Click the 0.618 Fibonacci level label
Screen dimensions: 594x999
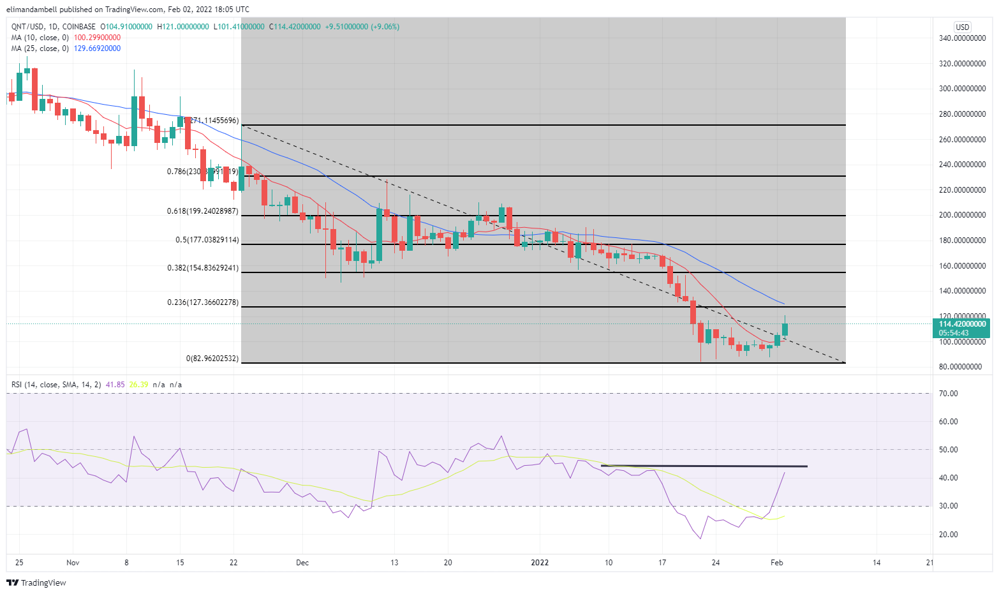point(203,211)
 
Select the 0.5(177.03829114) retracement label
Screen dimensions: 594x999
point(207,240)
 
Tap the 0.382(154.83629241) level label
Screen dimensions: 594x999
point(203,268)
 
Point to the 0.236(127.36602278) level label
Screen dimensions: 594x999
point(203,302)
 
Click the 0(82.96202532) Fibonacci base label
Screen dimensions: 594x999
point(212,359)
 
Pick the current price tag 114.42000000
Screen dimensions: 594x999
point(962,324)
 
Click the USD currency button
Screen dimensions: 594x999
point(962,27)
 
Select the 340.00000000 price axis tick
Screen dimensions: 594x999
point(962,38)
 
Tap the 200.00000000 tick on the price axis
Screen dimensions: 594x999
point(962,215)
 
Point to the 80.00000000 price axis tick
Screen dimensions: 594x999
point(962,367)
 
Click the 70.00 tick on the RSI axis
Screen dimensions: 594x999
point(949,394)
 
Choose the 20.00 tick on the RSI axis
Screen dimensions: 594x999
point(949,535)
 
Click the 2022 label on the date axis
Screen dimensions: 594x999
point(540,563)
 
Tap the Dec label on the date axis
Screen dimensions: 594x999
point(302,563)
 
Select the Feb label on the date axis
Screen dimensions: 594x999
point(776,563)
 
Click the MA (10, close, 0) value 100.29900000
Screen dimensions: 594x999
point(97,38)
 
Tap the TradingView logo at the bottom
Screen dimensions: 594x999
point(36,583)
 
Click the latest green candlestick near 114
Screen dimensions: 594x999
point(785,329)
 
